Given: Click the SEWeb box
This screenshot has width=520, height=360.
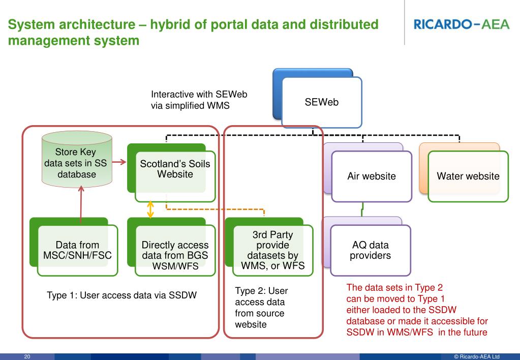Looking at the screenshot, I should click(x=321, y=103).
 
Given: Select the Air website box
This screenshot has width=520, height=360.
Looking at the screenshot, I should click(x=372, y=176).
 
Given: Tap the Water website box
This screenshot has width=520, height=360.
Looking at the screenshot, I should click(x=468, y=176).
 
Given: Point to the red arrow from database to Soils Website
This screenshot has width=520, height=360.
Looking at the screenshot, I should click(x=119, y=163).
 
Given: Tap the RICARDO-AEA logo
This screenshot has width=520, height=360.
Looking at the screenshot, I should click(x=461, y=24).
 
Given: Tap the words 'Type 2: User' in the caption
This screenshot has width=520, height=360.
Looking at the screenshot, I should click(x=261, y=291).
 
